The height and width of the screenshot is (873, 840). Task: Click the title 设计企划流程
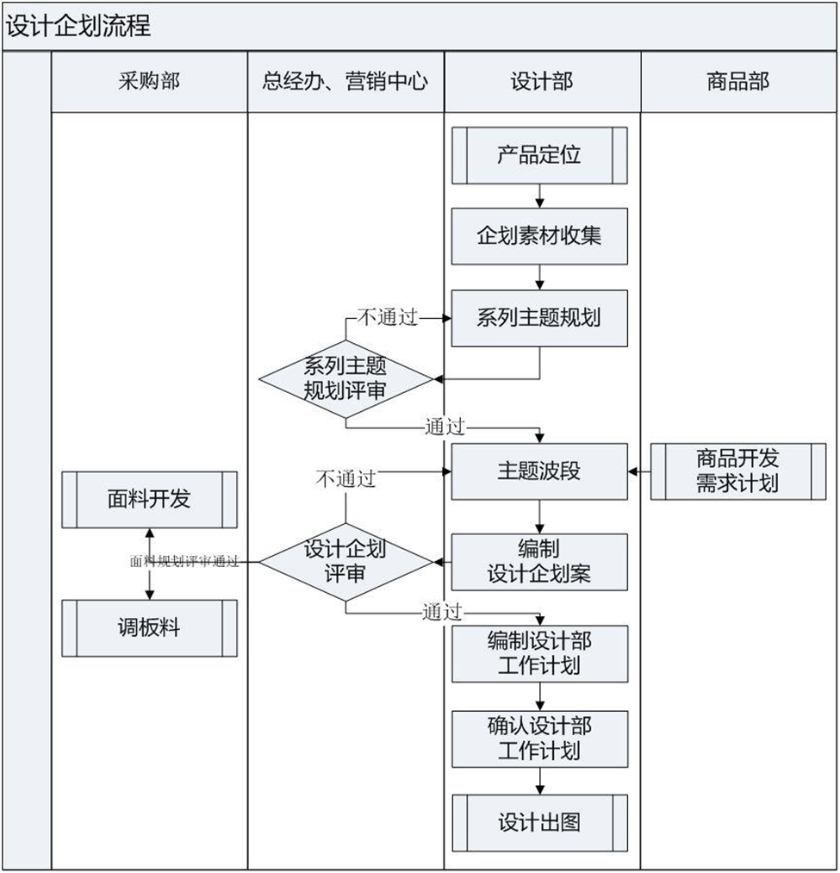(x=79, y=26)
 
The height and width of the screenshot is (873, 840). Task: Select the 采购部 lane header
(x=149, y=82)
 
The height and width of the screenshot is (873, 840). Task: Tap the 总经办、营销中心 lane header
(x=345, y=82)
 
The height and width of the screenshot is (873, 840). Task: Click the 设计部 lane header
(x=542, y=82)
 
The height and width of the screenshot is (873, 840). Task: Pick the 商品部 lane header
(x=738, y=82)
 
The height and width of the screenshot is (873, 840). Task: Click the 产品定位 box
(x=539, y=155)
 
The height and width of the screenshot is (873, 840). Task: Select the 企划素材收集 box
(x=539, y=235)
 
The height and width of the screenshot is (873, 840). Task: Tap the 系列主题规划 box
(x=539, y=318)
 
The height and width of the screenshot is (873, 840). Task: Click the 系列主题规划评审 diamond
(x=345, y=378)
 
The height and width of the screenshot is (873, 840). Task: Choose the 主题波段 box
(x=539, y=471)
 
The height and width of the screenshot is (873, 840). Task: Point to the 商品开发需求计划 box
(x=737, y=471)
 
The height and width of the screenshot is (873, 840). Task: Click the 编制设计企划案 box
(x=539, y=562)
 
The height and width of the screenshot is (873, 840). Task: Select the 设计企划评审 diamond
(x=345, y=562)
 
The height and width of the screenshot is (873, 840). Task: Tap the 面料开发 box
(x=149, y=499)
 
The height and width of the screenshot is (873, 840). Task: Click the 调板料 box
(x=149, y=628)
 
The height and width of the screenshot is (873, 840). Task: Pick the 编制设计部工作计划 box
(x=539, y=653)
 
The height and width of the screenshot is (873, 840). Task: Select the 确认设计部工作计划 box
(x=539, y=739)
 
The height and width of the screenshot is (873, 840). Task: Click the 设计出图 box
(x=539, y=822)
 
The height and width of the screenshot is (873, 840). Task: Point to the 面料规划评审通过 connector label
(x=184, y=562)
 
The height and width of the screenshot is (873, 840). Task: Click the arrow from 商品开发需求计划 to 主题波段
(x=639, y=471)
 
